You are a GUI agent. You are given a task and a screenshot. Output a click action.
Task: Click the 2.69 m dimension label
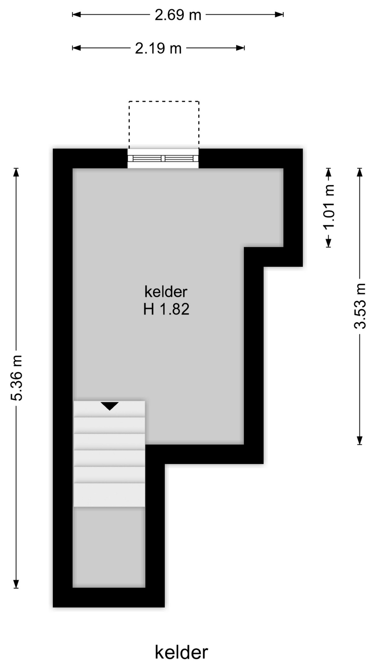(178, 15)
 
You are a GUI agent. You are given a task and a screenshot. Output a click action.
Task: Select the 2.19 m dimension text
(158, 48)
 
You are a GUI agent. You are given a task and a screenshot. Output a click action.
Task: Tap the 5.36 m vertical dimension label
(17, 378)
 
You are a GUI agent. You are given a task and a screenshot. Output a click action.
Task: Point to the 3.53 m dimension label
(360, 306)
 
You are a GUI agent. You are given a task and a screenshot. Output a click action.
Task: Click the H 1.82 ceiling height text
(166, 309)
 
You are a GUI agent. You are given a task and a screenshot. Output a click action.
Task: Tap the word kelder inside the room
(166, 292)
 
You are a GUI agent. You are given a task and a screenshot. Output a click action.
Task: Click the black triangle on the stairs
(110, 406)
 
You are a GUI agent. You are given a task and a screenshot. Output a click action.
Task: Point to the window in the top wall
(163, 159)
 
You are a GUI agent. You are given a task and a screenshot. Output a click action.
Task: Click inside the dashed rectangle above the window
(164, 125)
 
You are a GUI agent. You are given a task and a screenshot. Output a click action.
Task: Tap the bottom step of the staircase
(109, 495)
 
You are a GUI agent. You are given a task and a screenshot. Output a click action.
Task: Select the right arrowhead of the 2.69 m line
(279, 15)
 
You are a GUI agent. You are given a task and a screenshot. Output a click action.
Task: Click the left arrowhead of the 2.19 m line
(76, 48)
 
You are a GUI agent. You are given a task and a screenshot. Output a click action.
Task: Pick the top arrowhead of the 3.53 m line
(360, 172)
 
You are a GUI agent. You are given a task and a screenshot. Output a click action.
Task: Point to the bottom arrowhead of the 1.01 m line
(329, 243)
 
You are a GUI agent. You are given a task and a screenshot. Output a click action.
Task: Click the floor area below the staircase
(109, 547)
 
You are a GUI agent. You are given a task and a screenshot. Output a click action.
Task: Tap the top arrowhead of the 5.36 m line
(16, 172)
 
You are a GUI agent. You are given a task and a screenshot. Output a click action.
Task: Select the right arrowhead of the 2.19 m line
(241, 48)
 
